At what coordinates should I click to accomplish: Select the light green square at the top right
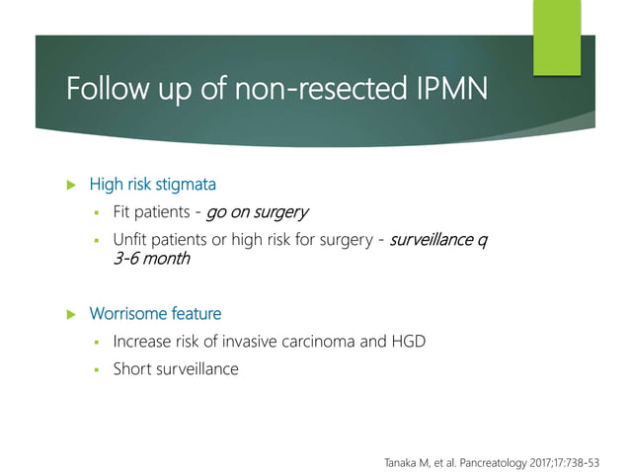(558, 36)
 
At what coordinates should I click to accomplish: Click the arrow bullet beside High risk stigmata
(70, 184)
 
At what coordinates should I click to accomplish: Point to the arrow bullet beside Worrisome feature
(70, 314)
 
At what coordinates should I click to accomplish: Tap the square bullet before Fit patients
(99, 212)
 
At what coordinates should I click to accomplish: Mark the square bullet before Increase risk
(99, 343)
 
